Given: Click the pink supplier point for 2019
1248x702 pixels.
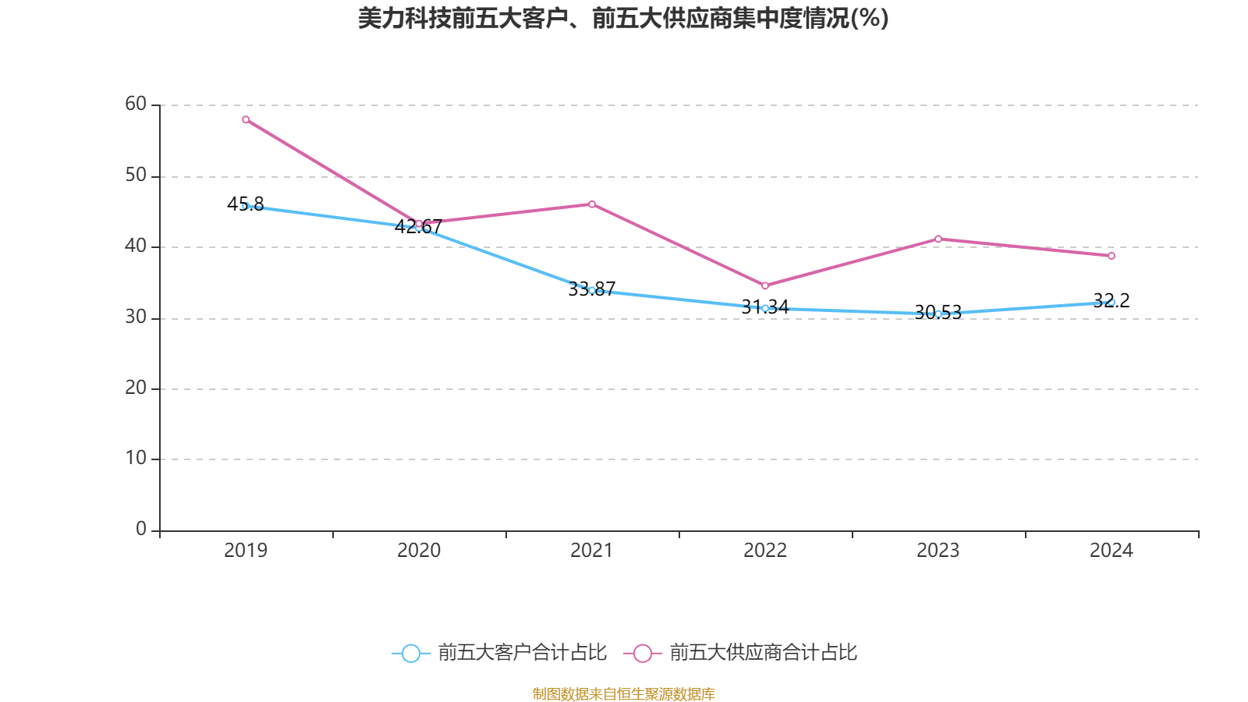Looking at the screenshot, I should point(246,119).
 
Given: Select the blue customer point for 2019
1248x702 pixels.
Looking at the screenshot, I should point(246,206).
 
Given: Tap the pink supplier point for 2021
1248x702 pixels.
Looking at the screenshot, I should point(592,204).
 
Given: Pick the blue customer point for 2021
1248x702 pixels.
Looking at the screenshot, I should point(592,290).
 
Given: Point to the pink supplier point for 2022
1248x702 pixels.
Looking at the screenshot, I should point(765,285).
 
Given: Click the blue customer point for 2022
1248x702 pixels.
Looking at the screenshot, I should point(765,308).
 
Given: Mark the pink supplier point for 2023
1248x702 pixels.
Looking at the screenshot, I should point(938,239).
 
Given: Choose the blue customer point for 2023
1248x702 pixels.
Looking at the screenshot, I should point(938,314).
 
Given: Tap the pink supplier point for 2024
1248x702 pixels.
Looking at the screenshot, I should point(1111,256).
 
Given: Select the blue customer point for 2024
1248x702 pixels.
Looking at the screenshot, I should point(1111,302).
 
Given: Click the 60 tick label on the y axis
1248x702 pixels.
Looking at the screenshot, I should point(136,104).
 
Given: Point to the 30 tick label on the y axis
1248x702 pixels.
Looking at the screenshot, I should point(136,317).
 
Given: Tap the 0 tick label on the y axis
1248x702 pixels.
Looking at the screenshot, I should point(141,529).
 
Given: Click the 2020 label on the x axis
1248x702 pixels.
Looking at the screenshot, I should point(419,551).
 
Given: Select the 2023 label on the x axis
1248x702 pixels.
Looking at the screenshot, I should point(938,551).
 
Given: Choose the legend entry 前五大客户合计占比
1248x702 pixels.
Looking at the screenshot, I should point(499,653).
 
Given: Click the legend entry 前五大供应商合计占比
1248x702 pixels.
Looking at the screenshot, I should point(741,653).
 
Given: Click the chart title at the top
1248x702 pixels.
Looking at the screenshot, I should point(623,18).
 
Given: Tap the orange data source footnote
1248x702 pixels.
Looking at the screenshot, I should point(623,693).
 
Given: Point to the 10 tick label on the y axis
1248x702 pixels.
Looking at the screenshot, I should point(136,458).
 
